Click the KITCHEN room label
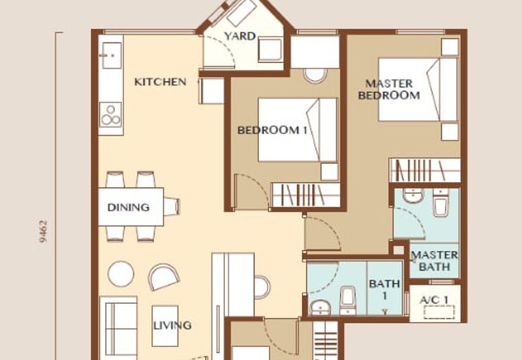coord(160,82)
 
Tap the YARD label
coord(239,37)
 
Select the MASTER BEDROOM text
coord(389,89)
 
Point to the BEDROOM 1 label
coord(272,130)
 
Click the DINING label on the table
coord(128,207)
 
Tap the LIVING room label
coord(172,325)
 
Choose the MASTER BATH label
coord(435,260)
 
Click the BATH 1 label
coord(385,290)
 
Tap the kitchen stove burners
coord(111,115)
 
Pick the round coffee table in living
coord(121,273)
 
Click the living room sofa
coord(118,326)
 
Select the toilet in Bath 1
coord(347,299)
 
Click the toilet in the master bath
coord(440,203)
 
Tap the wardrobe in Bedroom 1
coord(306,195)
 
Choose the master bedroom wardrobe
coord(424,170)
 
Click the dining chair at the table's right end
coord(171,207)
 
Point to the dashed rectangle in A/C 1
coord(438,312)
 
